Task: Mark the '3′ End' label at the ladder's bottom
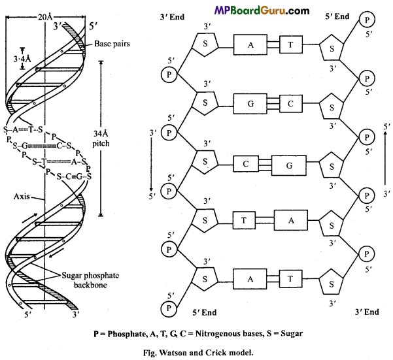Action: (x=367, y=312)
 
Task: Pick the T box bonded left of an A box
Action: (x=243, y=220)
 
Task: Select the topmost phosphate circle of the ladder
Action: (x=366, y=20)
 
